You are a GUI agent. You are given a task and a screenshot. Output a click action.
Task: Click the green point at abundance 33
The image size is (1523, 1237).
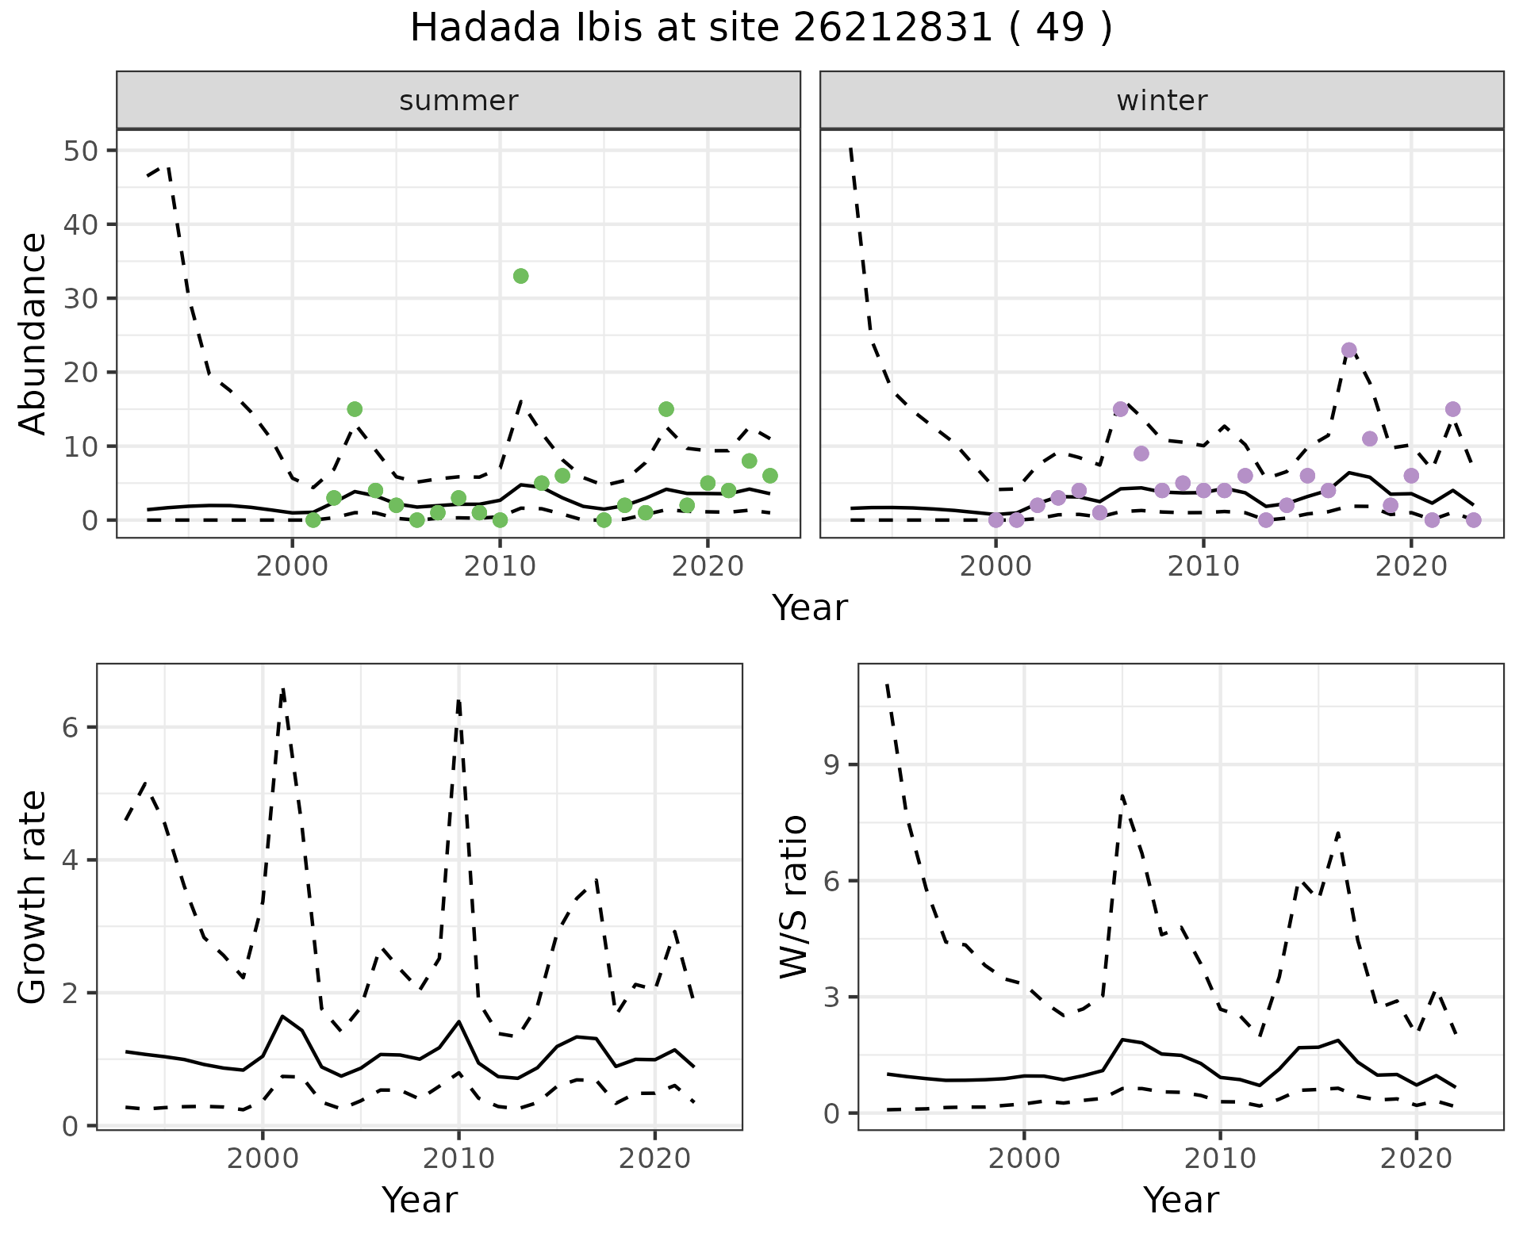520,276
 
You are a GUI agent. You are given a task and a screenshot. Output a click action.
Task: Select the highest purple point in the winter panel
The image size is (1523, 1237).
1348,350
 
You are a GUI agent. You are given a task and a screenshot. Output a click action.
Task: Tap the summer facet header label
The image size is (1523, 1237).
458,101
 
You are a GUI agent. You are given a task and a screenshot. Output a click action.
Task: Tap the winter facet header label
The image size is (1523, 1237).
1161,101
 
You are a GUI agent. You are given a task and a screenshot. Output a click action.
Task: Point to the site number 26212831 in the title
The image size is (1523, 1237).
892,29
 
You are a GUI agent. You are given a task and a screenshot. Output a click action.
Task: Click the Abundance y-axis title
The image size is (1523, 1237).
33,333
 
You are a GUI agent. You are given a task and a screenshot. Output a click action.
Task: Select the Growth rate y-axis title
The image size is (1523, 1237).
33,898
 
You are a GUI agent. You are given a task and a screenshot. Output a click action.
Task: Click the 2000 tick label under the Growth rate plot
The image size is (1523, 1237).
263,1158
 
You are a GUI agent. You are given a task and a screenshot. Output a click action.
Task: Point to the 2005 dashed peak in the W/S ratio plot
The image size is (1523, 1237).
1122,795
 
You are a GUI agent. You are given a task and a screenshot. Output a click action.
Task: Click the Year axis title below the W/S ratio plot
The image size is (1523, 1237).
1180,1201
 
